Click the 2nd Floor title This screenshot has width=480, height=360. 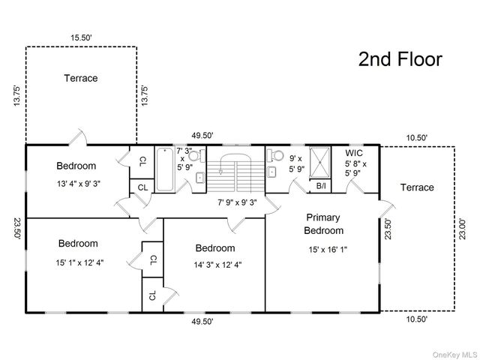pos(400,59)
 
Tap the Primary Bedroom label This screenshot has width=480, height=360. pos(323,223)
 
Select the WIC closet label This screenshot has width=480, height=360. pos(354,153)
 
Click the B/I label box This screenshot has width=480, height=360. pos(321,186)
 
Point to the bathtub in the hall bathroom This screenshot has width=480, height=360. pos(165,169)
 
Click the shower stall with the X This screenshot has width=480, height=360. pos(320,162)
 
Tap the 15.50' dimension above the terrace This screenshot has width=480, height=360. pos(81,37)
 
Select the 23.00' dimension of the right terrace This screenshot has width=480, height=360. pos(462,229)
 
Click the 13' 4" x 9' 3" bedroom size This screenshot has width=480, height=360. pos(79,184)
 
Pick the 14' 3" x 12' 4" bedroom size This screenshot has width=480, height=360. pos(217,265)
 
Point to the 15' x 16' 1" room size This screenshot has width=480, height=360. pos(328,250)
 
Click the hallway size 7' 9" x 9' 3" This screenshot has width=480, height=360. pos(237,202)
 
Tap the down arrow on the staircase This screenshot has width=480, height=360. pos(220,172)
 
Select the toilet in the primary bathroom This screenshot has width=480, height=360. pos(275,155)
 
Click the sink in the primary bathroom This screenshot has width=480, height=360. pos(271,172)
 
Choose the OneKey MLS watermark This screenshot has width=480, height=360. pos(454,355)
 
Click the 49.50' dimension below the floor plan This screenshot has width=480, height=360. pos(202,322)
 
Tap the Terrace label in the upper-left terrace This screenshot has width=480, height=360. pos(81,78)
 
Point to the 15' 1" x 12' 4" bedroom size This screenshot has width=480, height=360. pos(79,262)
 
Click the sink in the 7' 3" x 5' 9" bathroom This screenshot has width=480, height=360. pos(200,178)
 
